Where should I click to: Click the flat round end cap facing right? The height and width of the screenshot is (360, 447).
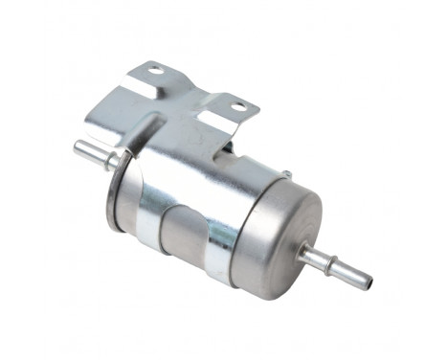coord(278,235)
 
